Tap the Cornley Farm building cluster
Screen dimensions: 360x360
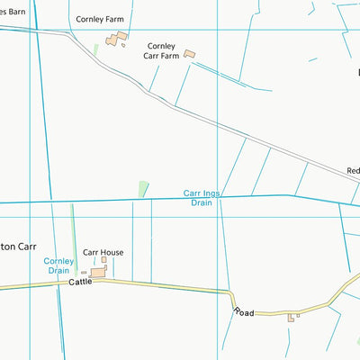click(116, 39)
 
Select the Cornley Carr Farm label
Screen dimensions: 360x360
click(162, 49)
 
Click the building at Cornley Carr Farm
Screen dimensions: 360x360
click(189, 54)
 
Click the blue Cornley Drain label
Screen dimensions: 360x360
click(58, 265)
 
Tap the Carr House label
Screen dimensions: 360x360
click(103, 253)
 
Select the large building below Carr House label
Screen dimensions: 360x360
click(97, 272)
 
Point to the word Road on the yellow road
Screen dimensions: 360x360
click(245, 311)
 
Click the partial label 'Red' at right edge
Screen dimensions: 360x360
click(353, 170)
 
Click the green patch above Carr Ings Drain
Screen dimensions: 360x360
click(143, 189)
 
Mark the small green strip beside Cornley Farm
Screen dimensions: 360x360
click(95, 49)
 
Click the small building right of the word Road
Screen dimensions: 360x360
click(292, 317)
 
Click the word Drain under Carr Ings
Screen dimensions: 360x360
click(201, 203)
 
